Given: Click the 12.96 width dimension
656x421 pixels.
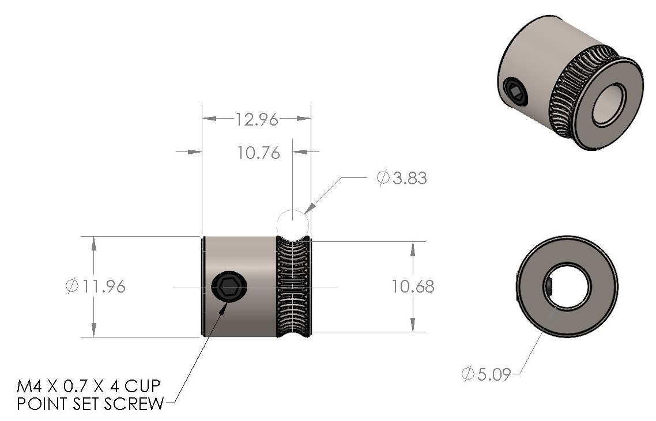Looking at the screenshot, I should pos(257,120).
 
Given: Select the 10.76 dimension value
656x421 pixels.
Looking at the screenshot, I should pos(258,153).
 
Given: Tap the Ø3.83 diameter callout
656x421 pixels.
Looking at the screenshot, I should pos(402,179).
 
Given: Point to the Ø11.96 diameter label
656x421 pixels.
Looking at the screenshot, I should pos(96,286).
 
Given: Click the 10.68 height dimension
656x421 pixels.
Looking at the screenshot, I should pos(413,286).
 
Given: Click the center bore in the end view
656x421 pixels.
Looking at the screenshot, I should pos(567,285).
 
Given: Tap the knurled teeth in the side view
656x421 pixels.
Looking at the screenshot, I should pos(294,286).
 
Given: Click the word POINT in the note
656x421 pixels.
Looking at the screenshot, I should pos(39,404).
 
